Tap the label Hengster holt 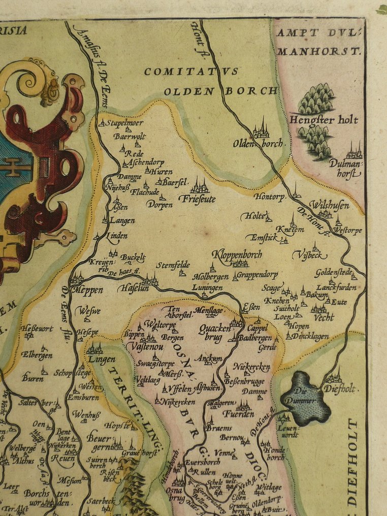click(324, 120)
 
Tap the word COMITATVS click(191, 72)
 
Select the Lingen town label click(102, 359)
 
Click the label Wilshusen click(329, 205)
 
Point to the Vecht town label click(324, 317)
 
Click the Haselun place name click(134, 288)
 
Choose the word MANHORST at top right click(319, 51)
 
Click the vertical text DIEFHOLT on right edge click(353, 462)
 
